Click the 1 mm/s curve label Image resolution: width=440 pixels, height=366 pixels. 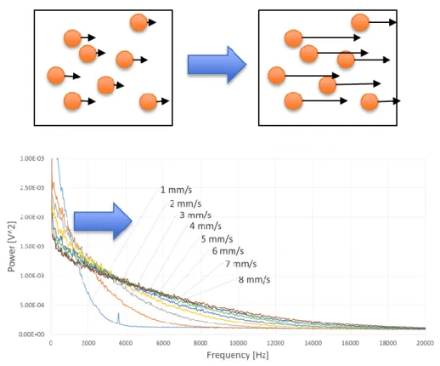point(176,190)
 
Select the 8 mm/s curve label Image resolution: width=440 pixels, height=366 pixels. point(254,280)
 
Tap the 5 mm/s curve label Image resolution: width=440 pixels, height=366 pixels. point(217,239)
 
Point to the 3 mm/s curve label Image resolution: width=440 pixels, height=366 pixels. point(195,215)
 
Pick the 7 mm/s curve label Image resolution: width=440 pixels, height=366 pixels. point(241,264)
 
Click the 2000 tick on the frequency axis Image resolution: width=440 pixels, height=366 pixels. point(88,343)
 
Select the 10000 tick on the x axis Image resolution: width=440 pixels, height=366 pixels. point(238,343)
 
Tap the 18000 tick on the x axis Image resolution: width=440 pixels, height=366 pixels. point(387,343)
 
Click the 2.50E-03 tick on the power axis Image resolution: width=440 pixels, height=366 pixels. point(32,188)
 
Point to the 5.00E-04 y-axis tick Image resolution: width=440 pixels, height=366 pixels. point(32,306)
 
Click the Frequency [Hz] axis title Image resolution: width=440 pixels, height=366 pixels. point(238,355)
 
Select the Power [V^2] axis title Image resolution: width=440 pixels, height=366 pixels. point(11,246)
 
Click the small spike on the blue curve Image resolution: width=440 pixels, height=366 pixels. point(118,317)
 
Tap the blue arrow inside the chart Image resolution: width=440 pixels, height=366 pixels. point(103,221)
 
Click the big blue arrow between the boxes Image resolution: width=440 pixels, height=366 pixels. point(217,65)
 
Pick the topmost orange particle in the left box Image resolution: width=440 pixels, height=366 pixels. point(138,23)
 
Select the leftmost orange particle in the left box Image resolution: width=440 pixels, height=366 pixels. point(56,76)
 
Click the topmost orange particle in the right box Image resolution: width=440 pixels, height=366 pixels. point(360,22)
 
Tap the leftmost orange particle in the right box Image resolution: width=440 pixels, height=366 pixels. point(277,76)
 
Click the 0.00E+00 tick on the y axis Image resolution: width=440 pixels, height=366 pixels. point(31,335)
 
